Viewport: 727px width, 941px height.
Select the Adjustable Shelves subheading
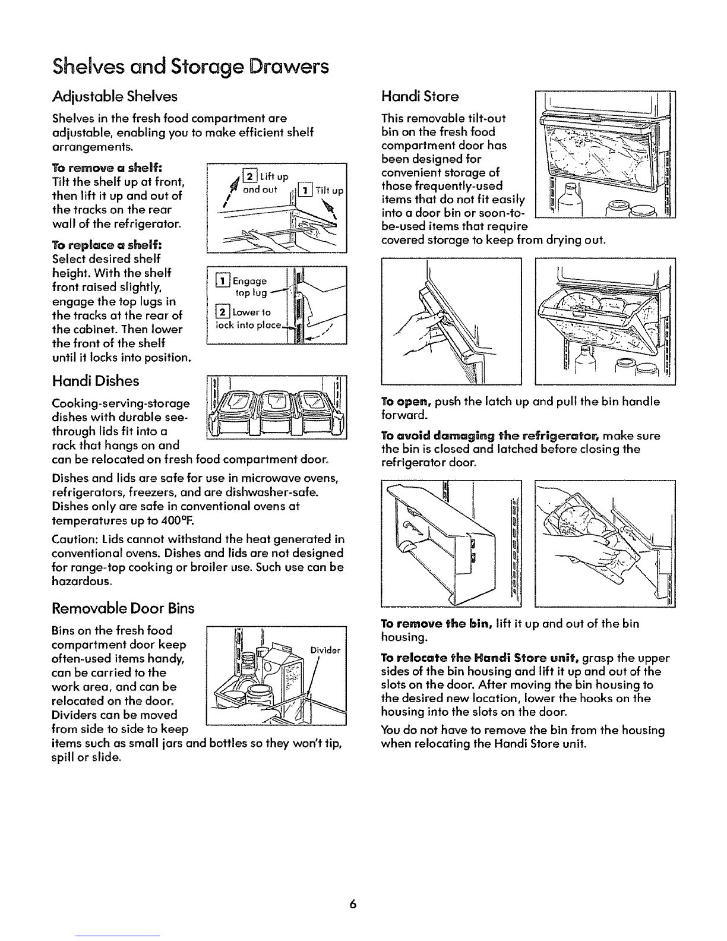pyautogui.click(x=115, y=96)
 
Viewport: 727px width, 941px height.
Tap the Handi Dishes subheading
pyautogui.click(x=95, y=381)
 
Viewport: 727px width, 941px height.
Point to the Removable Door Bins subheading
pyautogui.click(x=123, y=608)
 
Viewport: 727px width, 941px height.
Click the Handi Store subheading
pyautogui.click(x=419, y=96)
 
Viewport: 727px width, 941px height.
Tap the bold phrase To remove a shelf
pyautogui.click(x=107, y=168)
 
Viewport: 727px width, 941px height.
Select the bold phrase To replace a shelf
pyautogui.click(x=107, y=245)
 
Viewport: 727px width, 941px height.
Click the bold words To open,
pyautogui.click(x=406, y=402)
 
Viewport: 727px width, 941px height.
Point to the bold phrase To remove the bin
pyautogui.click(x=437, y=624)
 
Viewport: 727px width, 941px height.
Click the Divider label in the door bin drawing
pyautogui.click(x=325, y=651)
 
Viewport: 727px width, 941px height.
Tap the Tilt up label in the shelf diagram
pyautogui.click(x=329, y=191)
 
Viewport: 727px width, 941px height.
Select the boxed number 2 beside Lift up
pyautogui.click(x=250, y=176)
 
